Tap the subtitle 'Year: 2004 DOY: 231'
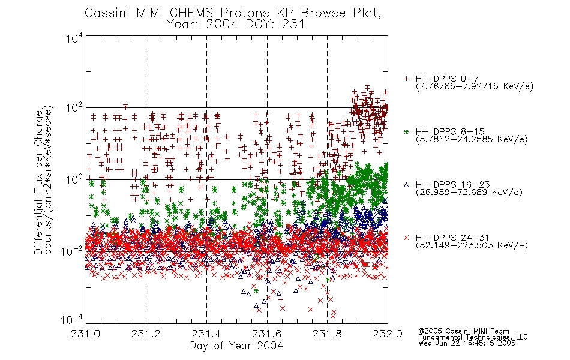point(236,25)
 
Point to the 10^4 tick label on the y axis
point(74,37)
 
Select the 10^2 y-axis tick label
point(74,108)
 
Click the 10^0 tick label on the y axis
point(74,180)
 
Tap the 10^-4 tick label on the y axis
point(72,320)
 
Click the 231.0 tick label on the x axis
point(86,334)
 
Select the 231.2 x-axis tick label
point(146,334)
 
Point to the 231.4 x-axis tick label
point(206,334)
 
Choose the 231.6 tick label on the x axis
point(267,334)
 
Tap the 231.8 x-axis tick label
point(327,334)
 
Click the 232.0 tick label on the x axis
point(388,334)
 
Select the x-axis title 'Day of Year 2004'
point(236,346)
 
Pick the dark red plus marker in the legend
point(407,78)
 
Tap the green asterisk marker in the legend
point(407,131)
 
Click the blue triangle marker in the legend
point(407,185)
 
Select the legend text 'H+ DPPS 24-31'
point(452,238)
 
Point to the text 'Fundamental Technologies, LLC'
point(473,337)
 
